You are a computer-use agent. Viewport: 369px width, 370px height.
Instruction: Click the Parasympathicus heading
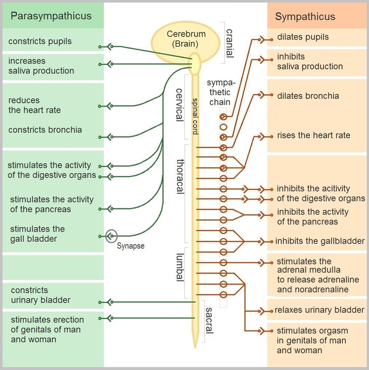click(x=51, y=16)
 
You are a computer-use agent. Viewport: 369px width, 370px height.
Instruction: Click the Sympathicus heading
click(x=305, y=17)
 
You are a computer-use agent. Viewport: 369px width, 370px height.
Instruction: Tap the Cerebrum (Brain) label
click(x=186, y=39)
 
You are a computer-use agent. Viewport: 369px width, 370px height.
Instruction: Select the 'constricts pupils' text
click(x=40, y=41)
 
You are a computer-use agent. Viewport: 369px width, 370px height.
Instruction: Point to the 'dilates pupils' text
click(x=303, y=37)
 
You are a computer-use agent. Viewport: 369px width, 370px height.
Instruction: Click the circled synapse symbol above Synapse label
click(x=111, y=236)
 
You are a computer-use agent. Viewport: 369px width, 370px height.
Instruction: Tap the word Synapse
click(x=131, y=246)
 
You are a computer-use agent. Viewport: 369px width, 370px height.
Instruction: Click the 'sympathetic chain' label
click(x=220, y=92)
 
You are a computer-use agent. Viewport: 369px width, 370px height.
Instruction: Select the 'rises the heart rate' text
click(x=313, y=135)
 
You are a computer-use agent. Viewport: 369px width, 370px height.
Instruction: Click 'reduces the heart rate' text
click(x=35, y=105)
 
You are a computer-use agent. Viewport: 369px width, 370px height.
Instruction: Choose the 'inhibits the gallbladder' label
click(x=320, y=241)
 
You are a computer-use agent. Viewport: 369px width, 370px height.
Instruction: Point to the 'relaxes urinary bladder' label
click(x=319, y=310)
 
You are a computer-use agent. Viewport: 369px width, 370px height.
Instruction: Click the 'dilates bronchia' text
click(x=308, y=96)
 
